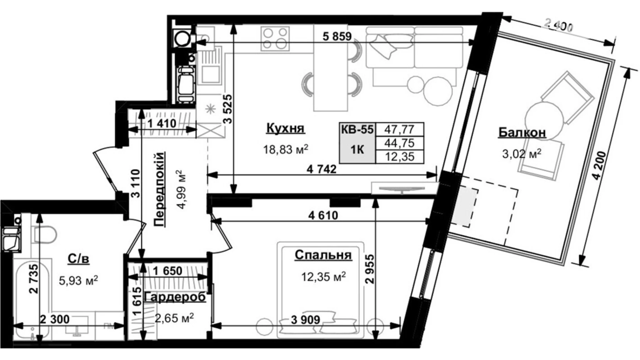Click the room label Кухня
click(285, 128)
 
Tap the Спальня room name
click(323, 255)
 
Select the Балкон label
click(522, 132)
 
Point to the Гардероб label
click(175, 297)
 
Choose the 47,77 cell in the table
click(399, 129)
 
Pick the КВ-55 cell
click(357, 129)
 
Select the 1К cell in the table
click(357, 150)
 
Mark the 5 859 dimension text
click(337, 36)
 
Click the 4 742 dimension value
click(321, 169)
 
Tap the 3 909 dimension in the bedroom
click(305, 319)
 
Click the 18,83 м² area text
click(285, 150)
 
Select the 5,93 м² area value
click(79, 280)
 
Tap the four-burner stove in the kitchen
click(275, 38)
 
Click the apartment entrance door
click(106, 170)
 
